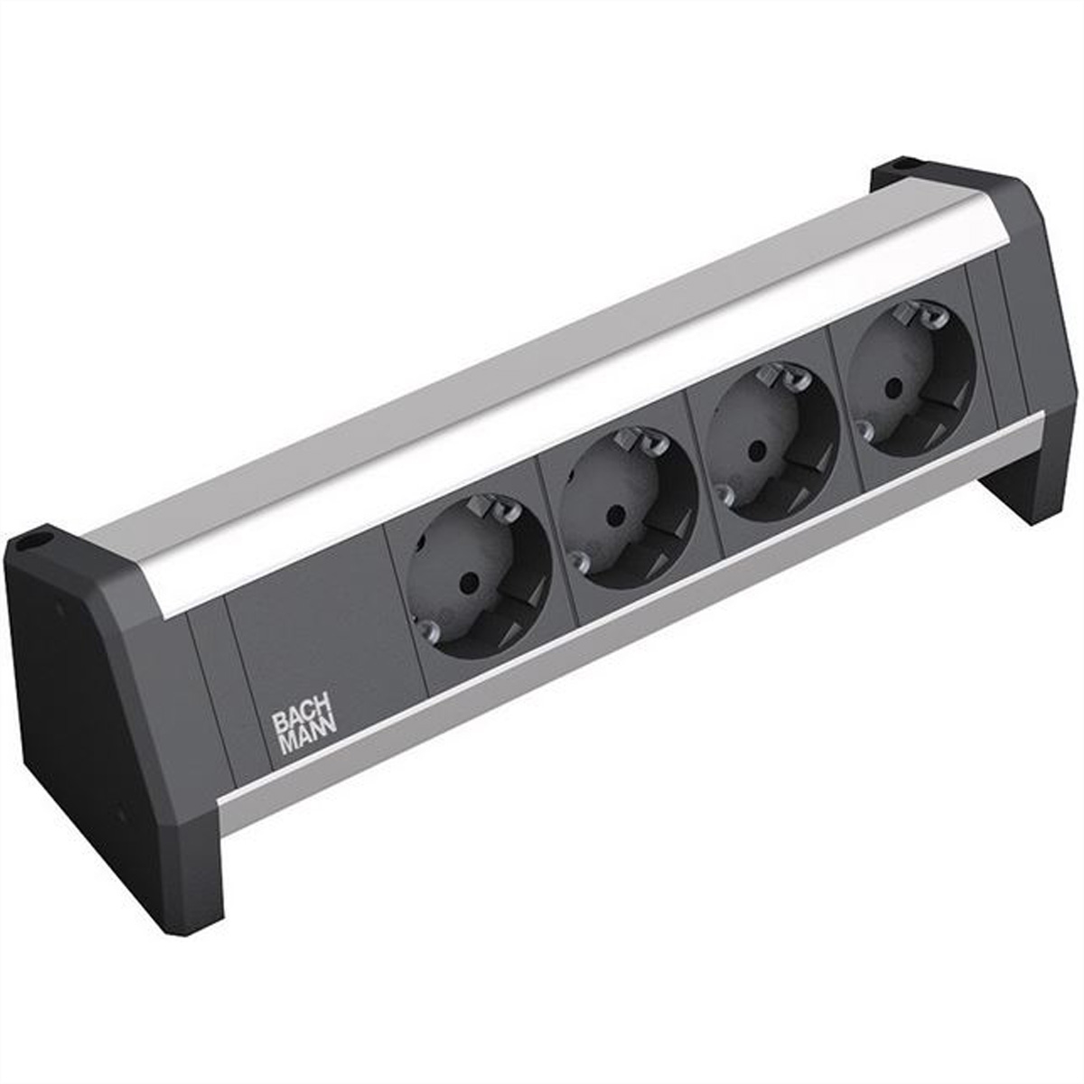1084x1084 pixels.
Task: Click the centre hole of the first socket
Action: coord(466,586)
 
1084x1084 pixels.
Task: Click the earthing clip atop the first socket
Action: coord(488,506)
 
